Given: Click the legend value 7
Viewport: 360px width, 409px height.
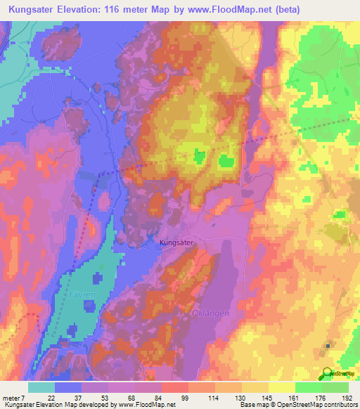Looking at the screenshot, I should [x=28, y=397].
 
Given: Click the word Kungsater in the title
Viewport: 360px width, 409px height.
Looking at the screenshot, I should [x=32, y=10].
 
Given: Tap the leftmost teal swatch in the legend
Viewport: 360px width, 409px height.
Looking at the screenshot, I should [x=41, y=387].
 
